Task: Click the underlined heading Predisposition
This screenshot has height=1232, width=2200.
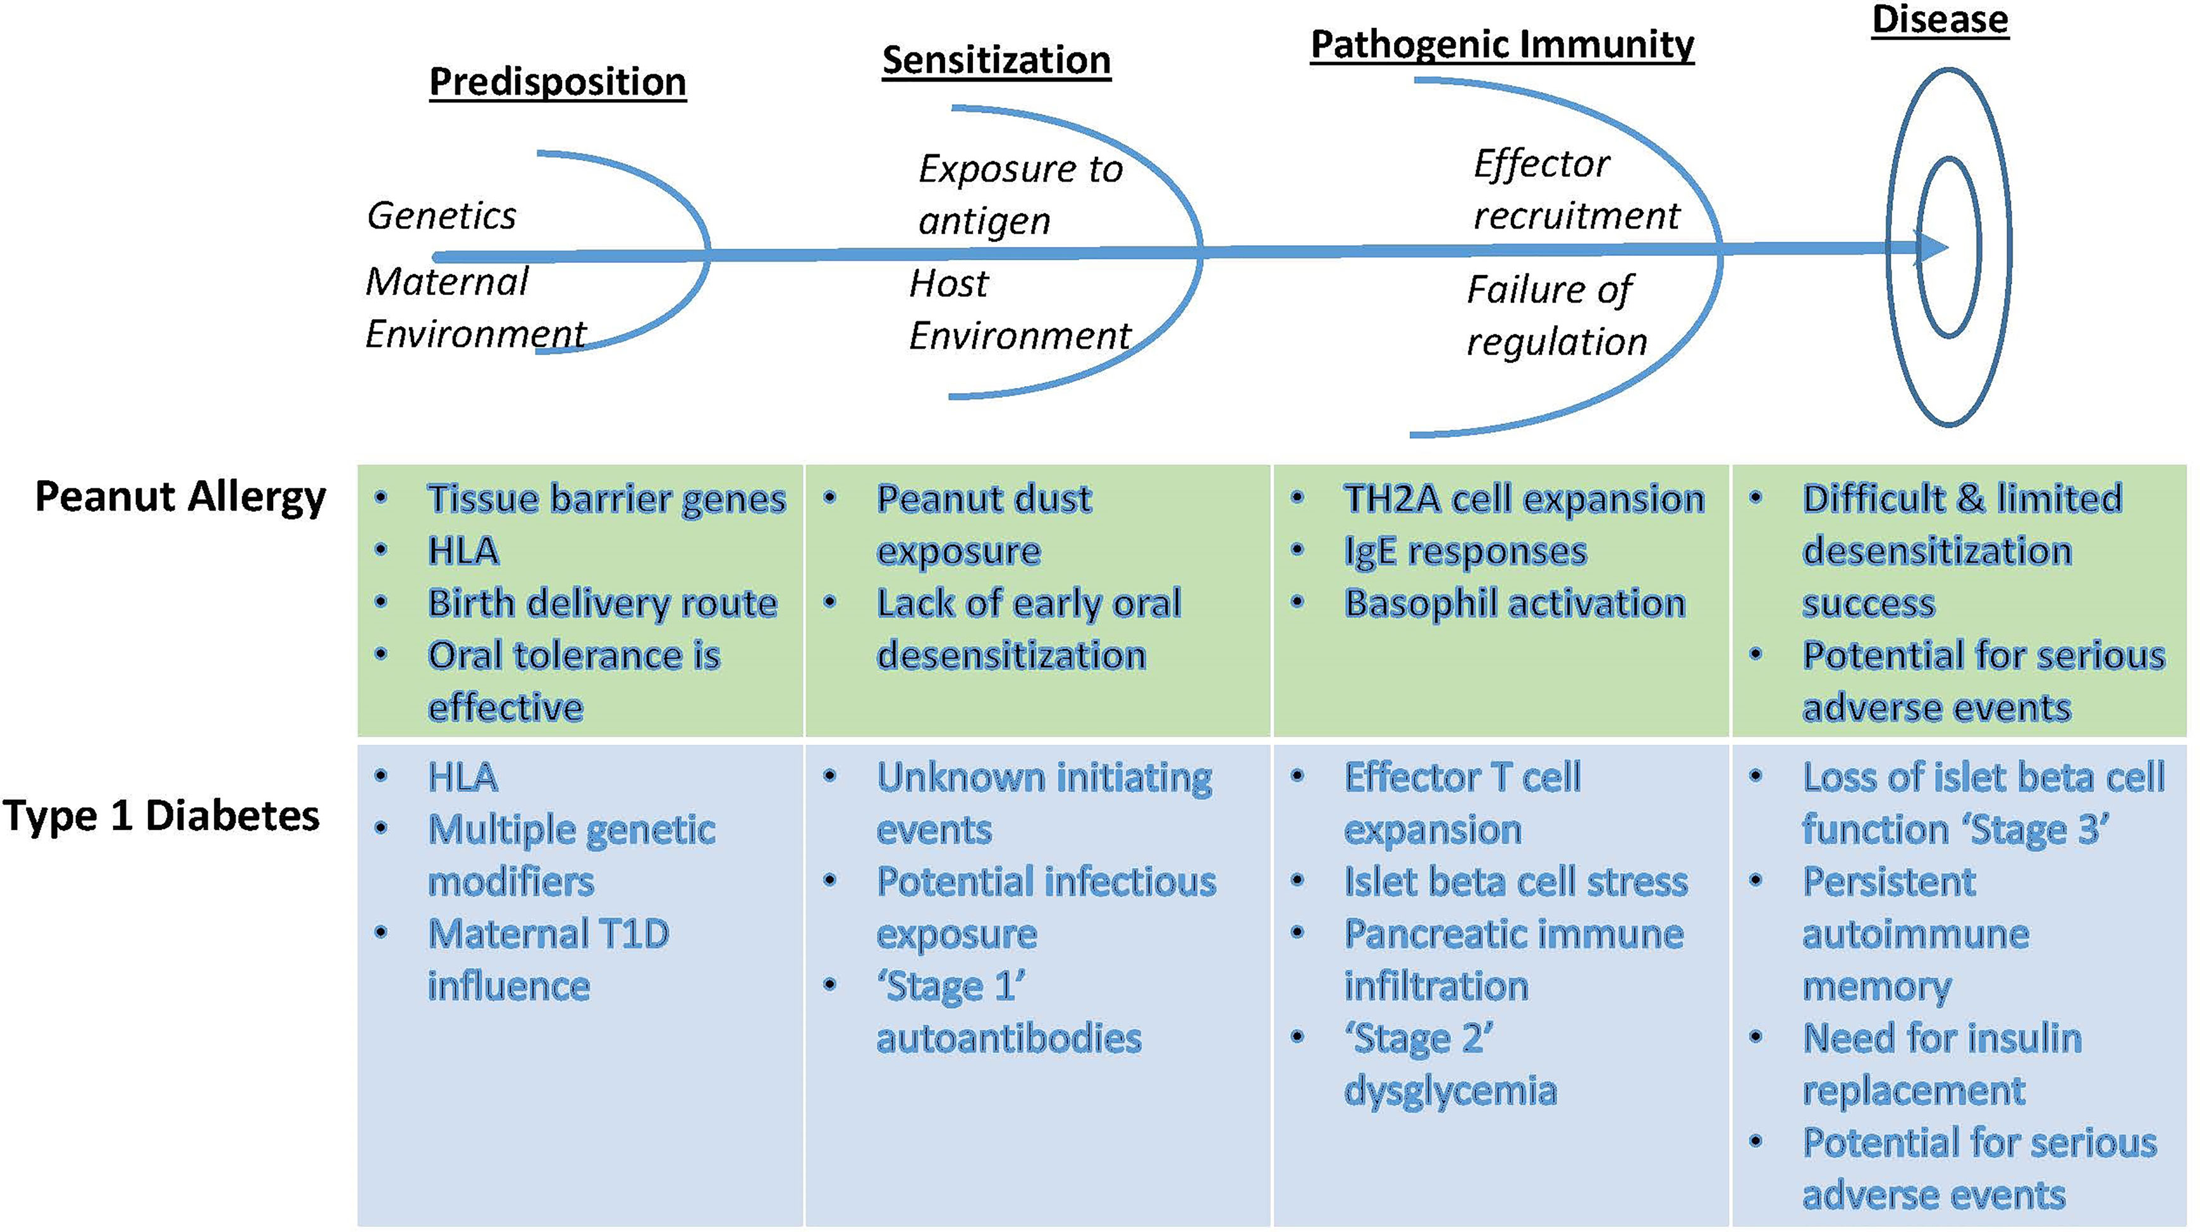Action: coord(557,82)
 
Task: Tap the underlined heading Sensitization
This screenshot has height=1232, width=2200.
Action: coord(996,61)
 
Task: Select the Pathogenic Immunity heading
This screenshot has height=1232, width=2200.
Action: coord(1501,44)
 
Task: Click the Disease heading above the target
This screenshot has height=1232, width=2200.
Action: coord(1940,19)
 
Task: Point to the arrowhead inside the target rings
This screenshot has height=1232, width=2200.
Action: coord(1932,248)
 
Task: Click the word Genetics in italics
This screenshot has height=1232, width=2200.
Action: coord(441,215)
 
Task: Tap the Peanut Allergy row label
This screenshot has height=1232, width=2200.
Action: coord(180,496)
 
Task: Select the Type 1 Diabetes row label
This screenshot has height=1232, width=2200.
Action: coord(161,816)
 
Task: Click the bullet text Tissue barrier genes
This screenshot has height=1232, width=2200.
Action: coord(606,498)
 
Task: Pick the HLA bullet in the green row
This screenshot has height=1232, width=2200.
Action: coord(463,552)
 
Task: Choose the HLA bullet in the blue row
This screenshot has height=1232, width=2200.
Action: coord(463,778)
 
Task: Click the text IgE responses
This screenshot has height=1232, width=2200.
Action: coord(1465,552)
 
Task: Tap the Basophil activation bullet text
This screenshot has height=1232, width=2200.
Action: coord(1514,603)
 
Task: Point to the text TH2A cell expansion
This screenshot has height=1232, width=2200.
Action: coord(1524,498)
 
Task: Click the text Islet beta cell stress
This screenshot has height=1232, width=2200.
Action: coord(1516,882)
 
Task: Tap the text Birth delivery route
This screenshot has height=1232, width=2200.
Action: coord(602,603)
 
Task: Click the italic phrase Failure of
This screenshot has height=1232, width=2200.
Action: coord(1549,290)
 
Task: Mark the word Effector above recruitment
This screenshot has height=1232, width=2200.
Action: coord(1541,164)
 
